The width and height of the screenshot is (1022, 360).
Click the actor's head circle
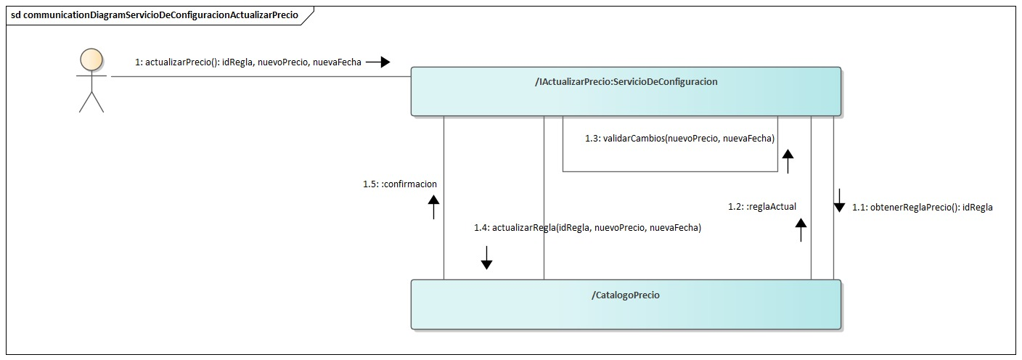pos(91,60)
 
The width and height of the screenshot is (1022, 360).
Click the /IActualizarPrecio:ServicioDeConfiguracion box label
pos(626,82)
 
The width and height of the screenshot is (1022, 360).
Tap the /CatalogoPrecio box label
pos(626,295)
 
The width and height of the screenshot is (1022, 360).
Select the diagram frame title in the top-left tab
pos(155,15)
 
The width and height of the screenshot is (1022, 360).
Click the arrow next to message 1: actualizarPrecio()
pos(377,62)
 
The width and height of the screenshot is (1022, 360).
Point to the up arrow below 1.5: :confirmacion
pos(433,206)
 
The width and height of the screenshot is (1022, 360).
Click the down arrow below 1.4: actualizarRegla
pos(486,257)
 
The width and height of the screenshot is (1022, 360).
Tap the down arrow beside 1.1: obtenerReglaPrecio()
pos(839,200)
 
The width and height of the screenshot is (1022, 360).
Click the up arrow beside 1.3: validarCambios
pos(788,161)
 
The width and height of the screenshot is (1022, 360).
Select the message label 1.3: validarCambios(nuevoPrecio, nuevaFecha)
pos(679,138)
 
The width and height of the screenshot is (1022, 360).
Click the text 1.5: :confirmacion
pos(400,184)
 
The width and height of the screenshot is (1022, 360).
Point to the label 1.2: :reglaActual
pos(762,207)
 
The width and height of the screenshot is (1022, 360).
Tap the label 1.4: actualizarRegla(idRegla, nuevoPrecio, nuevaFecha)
pos(587,228)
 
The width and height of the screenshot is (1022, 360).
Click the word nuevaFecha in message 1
pos(337,62)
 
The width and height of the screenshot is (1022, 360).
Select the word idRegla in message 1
pos(238,62)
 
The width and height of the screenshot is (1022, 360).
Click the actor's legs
pos(91,102)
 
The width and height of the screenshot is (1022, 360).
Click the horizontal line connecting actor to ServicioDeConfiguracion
pos(261,75)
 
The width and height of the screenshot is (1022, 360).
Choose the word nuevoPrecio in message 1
pos(284,62)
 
